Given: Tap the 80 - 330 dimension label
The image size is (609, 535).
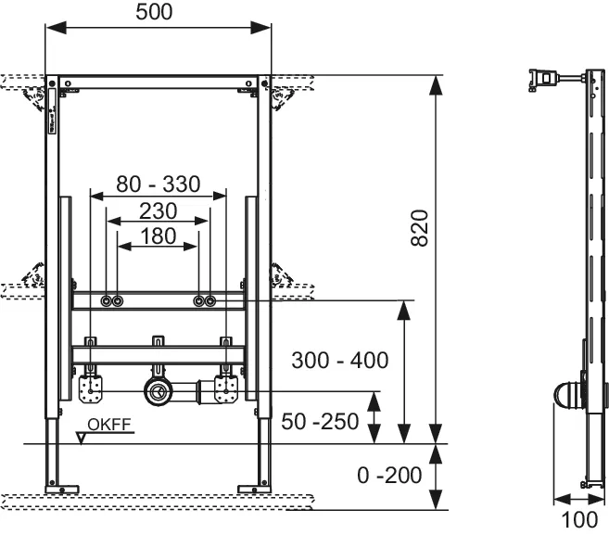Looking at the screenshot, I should (x=158, y=184).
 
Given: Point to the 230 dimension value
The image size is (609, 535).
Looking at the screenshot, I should (x=158, y=210).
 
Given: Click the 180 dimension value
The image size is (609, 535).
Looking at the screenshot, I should (x=158, y=236).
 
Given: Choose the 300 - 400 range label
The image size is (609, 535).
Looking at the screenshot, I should (x=338, y=359).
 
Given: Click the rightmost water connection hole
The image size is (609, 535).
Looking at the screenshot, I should (x=210, y=300).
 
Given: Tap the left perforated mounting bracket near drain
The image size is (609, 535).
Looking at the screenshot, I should (x=90, y=387).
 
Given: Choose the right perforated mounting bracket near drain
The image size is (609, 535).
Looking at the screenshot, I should (x=225, y=387).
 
